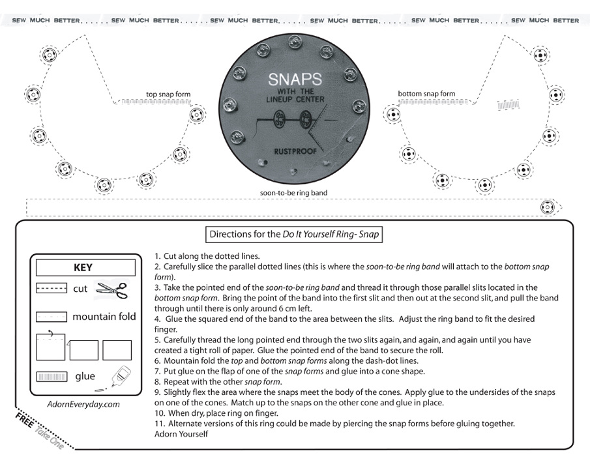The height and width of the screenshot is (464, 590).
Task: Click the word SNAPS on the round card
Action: click(295, 80)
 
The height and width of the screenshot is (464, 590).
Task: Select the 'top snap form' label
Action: click(168, 94)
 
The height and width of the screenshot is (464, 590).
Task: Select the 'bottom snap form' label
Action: click(426, 94)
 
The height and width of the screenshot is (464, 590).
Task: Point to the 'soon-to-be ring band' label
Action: click(293, 193)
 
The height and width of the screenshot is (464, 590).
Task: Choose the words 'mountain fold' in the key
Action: click(104, 317)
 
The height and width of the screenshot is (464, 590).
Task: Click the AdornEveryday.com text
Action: click(83, 404)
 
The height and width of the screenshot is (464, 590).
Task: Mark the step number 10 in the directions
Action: click(160, 413)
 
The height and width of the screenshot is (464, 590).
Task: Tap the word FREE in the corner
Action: click(25, 420)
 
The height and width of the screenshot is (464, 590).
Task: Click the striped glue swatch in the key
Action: click(52, 377)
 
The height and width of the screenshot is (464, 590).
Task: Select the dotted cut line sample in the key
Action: click(52, 288)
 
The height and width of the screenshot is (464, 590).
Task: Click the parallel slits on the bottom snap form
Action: click(508, 104)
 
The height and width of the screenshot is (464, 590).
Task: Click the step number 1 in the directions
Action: click(158, 256)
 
